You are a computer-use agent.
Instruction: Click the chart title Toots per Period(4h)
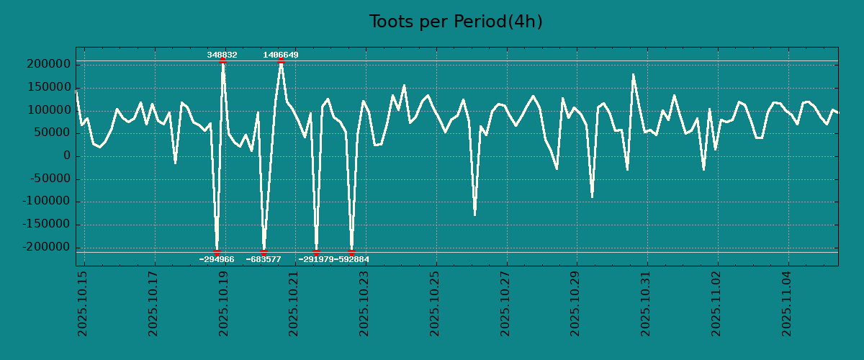[455, 22]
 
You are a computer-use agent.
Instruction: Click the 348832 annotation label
[222, 55]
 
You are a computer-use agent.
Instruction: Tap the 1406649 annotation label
[281, 55]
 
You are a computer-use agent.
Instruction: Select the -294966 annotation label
[217, 259]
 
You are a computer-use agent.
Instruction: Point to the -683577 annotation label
[264, 259]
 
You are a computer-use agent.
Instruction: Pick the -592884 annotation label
[352, 259]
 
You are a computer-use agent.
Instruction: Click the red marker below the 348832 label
[222, 61]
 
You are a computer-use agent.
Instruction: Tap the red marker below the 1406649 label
[281, 61]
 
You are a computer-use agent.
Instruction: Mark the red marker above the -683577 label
[264, 252]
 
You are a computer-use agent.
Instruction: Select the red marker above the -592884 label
[351, 252]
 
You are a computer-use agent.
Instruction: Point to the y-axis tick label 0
[67, 156]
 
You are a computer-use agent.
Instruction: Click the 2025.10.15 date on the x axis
[83, 303]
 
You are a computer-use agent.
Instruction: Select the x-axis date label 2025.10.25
[436, 303]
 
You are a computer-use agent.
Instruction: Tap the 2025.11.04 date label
[788, 303]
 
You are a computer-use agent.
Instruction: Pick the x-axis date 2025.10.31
[647, 303]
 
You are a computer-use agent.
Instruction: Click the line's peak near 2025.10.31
[634, 74]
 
